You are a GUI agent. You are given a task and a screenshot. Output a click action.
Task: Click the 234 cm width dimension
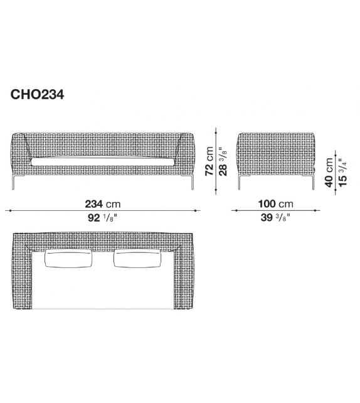click(103, 203)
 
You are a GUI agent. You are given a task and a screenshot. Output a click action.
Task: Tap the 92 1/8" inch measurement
click(103, 219)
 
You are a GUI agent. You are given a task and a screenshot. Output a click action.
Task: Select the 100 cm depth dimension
click(277, 203)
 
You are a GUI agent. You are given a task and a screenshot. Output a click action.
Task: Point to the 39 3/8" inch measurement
click(277, 219)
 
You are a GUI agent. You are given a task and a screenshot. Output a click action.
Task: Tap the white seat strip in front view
click(103, 161)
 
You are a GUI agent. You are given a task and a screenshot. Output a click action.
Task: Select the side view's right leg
click(312, 181)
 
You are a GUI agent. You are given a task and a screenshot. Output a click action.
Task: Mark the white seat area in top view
click(103, 289)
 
